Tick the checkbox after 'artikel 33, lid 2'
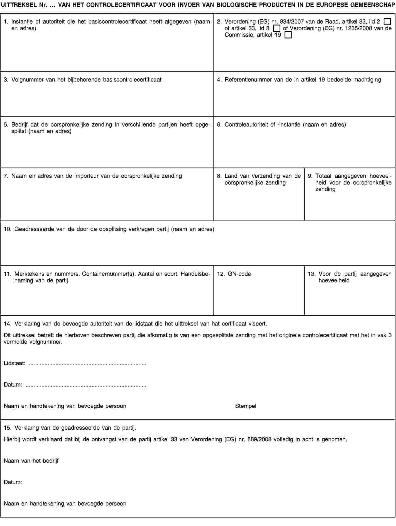pyautogui.click(x=387, y=21)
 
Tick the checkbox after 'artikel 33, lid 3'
pyautogui.click(x=276, y=28)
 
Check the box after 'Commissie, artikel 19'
pyautogui.click(x=288, y=35)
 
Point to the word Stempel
pyautogui.click(x=246, y=406)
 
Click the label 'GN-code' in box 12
pyautogui.click(x=239, y=274)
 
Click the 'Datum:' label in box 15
pyautogui.click(x=13, y=482)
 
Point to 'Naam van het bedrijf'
pyautogui.click(x=31, y=461)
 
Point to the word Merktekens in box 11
pyautogui.click(x=28, y=274)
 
